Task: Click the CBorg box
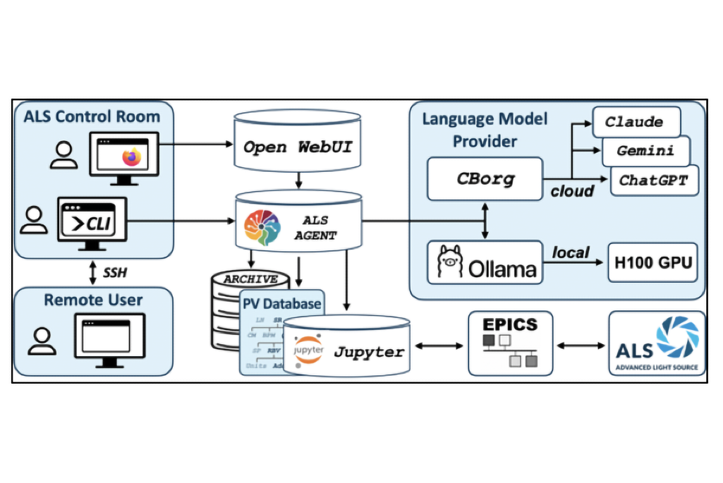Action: pyautogui.click(x=485, y=179)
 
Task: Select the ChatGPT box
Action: pyautogui.click(x=652, y=180)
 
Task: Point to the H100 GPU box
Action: pyautogui.click(x=652, y=263)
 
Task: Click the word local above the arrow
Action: pyautogui.click(x=571, y=251)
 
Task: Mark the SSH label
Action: pyautogui.click(x=115, y=271)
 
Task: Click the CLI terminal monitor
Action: pyautogui.click(x=94, y=224)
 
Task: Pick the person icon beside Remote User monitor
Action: pyautogui.click(x=42, y=341)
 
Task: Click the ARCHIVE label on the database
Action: pyautogui.click(x=250, y=279)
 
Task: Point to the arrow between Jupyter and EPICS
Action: pyautogui.click(x=439, y=346)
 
